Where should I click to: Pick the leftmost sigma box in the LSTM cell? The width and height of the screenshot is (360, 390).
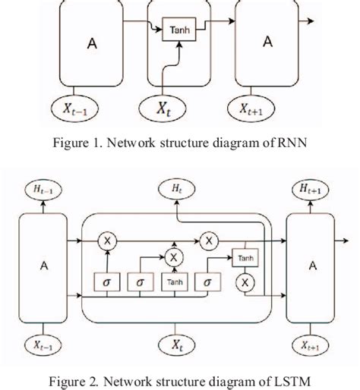[x=106, y=282]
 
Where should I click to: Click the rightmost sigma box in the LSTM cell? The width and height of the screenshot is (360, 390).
[x=206, y=282]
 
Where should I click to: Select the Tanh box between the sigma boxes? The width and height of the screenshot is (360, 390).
[x=175, y=282]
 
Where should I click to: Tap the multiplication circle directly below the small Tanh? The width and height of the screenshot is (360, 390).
[x=245, y=282]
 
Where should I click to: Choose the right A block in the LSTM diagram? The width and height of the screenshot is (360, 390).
[x=311, y=266]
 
